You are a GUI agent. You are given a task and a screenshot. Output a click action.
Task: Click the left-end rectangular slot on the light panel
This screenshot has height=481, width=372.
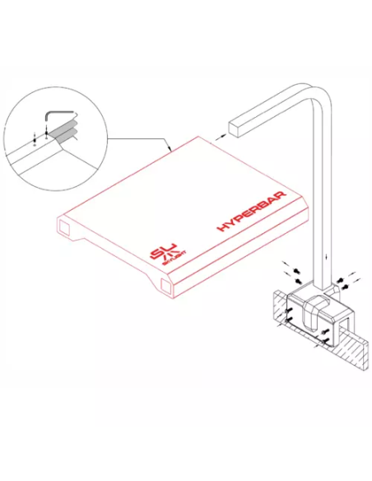(64, 225)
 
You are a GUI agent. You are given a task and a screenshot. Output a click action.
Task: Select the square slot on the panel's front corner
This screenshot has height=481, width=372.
(165, 287)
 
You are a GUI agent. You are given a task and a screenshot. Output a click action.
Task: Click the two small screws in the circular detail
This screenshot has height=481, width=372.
(34, 137)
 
